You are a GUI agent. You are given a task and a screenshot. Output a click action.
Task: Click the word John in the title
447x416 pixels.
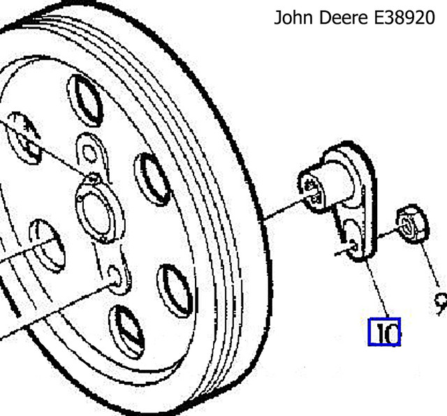(x=292, y=18)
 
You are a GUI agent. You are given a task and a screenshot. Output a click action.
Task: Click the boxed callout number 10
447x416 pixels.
(x=385, y=332)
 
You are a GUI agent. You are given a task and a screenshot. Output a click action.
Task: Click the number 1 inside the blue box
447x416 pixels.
(x=378, y=332)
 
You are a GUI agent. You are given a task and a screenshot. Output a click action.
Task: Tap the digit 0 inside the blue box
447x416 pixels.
(x=390, y=332)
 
